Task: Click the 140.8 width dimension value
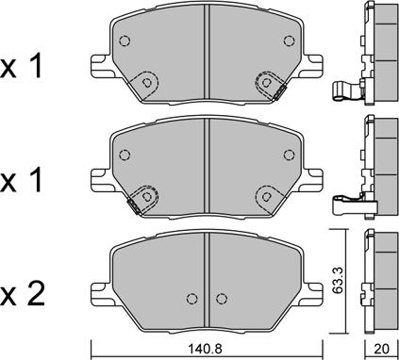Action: point(205,349)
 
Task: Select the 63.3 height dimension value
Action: point(339,280)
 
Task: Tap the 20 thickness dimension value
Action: point(382,349)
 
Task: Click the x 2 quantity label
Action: point(22,295)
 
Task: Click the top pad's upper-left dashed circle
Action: point(125,41)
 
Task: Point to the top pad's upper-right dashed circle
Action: point(289,41)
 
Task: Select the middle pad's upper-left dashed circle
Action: point(125,155)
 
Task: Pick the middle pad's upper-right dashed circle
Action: point(289,155)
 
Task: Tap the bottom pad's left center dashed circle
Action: point(191,299)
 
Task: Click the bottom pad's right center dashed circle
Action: point(222,299)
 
